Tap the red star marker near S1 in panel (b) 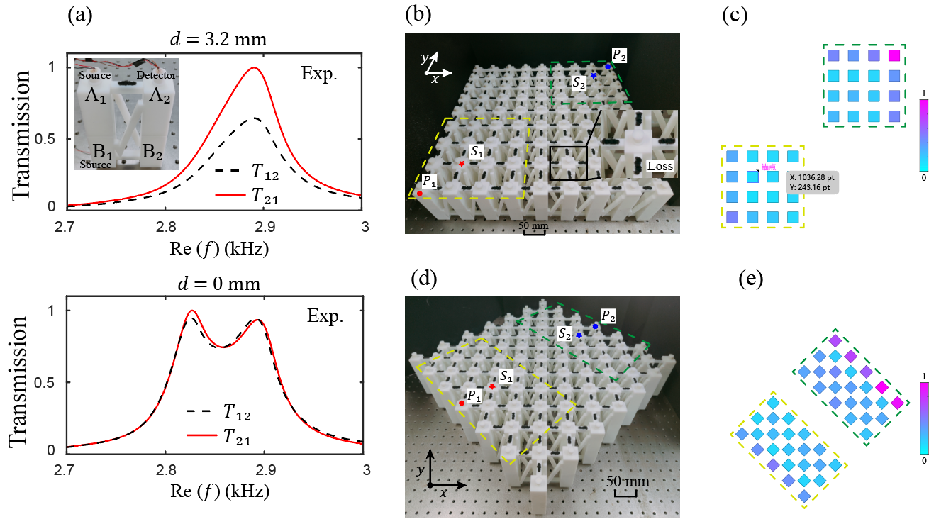[462, 164]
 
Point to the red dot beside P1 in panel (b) [420, 193]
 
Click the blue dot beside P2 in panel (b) [608, 66]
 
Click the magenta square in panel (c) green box [894, 55]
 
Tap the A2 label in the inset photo [157, 96]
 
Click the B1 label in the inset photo [88, 150]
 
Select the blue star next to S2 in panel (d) [579, 335]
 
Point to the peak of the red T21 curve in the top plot [253, 68]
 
